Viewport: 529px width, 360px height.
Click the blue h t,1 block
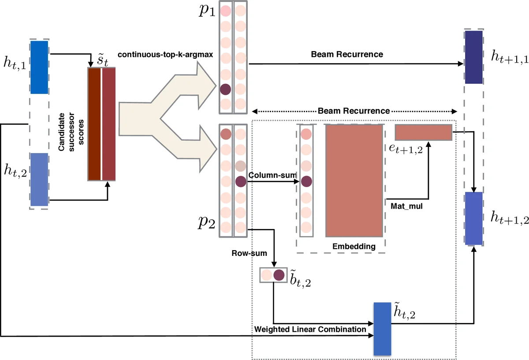pyautogui.click(x=39, y=67)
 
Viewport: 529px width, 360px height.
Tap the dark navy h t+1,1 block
pyautogui.click(x=474, y=57)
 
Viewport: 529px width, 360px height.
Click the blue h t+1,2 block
pyautogui.click(x=474, y=218)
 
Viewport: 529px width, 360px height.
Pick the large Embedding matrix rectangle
pyautogui.click(x=354, y=181)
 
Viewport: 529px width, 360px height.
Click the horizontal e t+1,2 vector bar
pyautogui.click(x=424, y=132)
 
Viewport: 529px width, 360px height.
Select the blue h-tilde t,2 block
pyautogui.click(x=382, y=329)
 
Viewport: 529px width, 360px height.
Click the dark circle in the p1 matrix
pyautogui.click(x=226, y=89)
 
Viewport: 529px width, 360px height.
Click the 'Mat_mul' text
pyautogui.click(x=405, y=205)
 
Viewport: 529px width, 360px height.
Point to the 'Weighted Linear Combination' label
pyautogui.click(x=310, y=329)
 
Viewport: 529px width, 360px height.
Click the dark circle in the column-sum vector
pyautogui.click(x=306, y=181)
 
